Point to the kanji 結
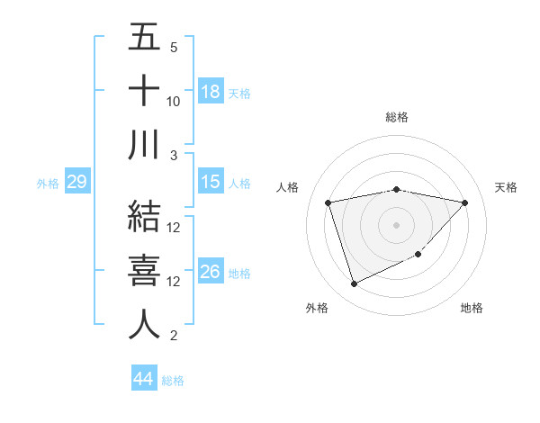click(144, 216)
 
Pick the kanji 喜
click(144, 270)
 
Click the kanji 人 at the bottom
click(144, 324)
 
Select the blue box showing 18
click(210, 92)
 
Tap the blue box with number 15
click(210, 183)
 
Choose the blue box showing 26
click(210, 272)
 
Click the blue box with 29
click(76, 183)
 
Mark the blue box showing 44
click(143, 379)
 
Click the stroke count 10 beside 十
click(174, 102)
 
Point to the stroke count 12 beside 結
click(174, 228)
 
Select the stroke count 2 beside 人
click(173, 337)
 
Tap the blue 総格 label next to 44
click(173, 381)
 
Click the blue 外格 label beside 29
click(48, 184)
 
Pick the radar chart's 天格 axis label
click(506, 187)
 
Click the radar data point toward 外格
click(354, 284)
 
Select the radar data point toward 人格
click(328, 202)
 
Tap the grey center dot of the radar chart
click(396, 224)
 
